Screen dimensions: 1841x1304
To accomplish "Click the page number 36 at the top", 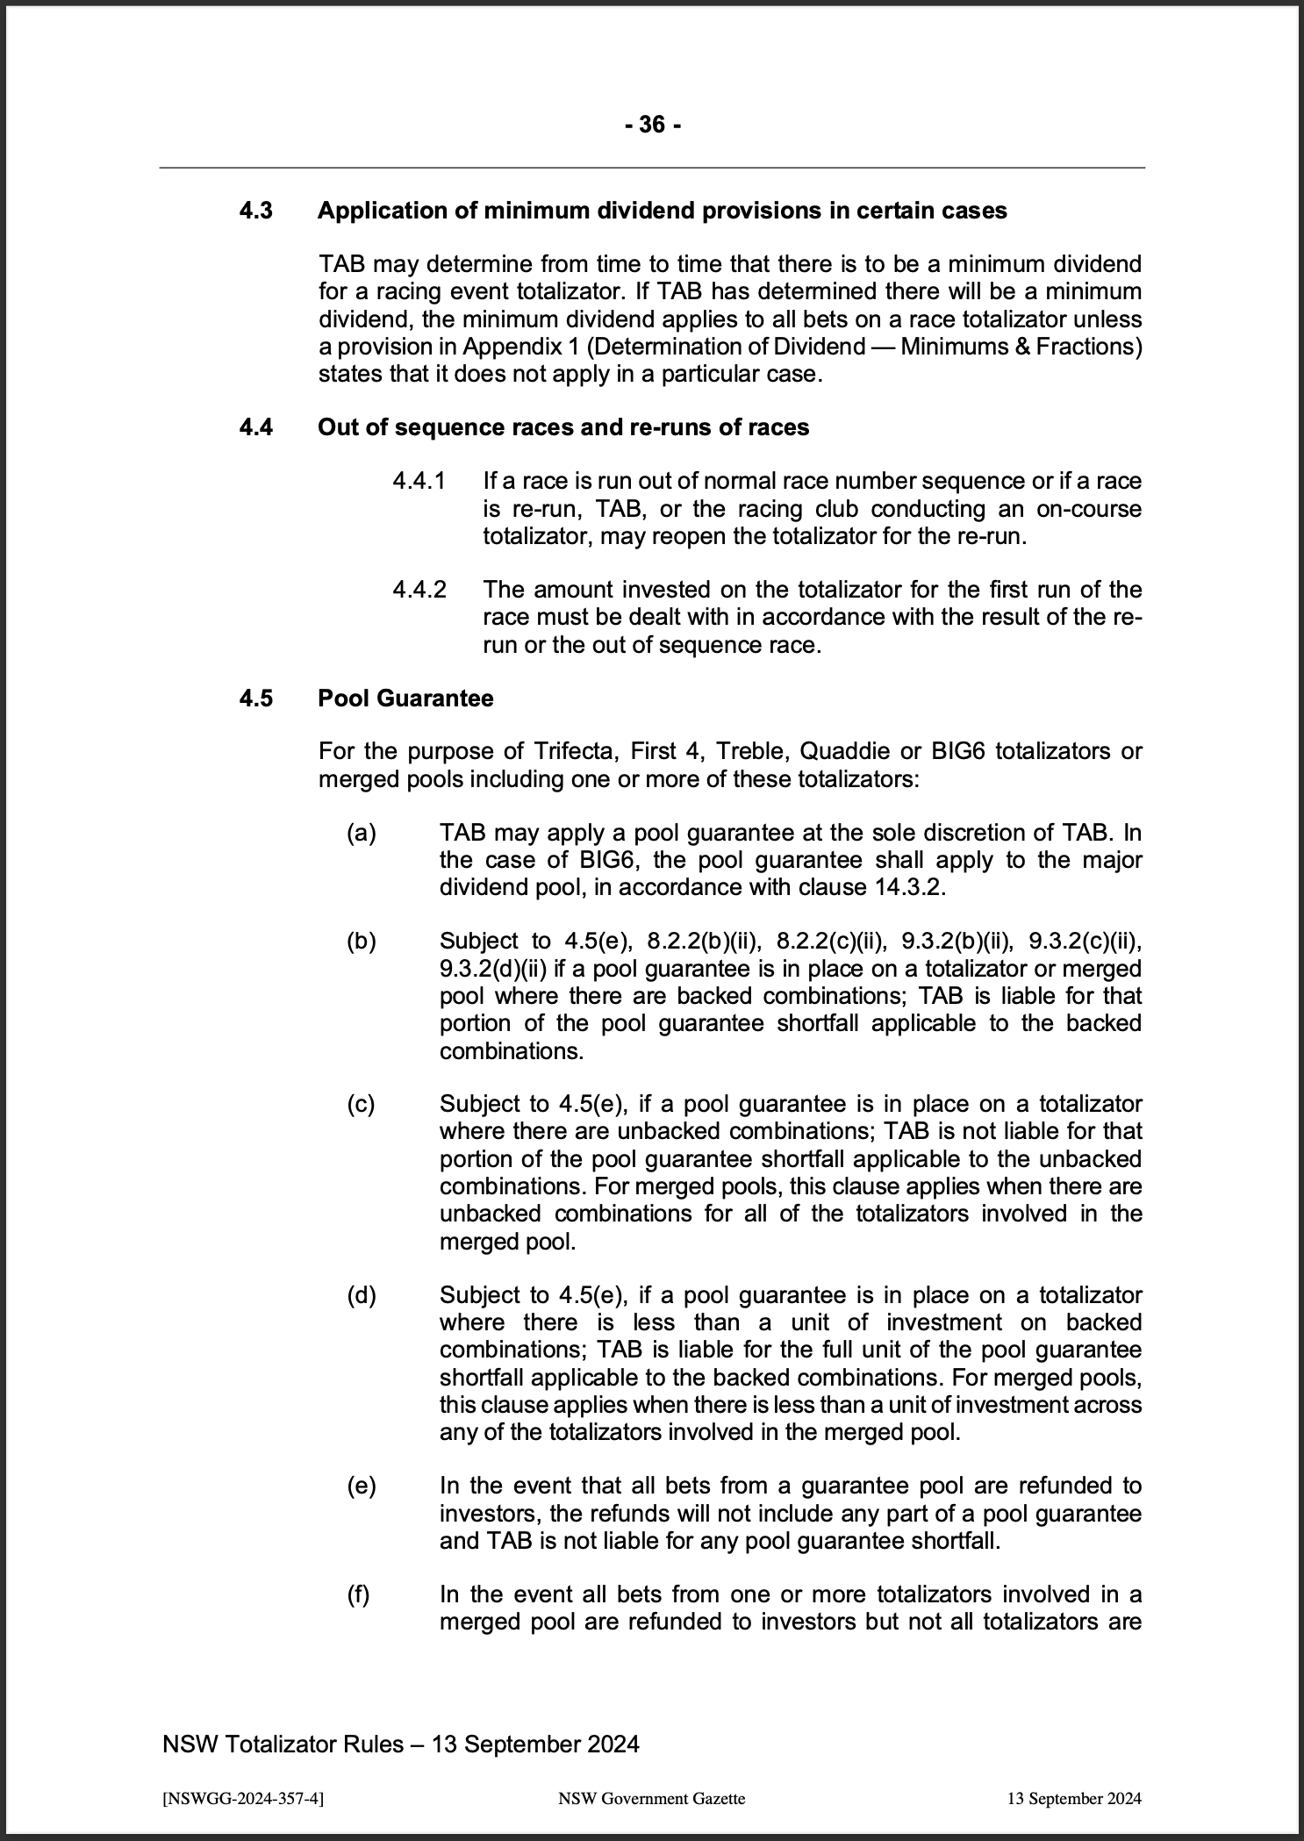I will pyautogui.click(x=652, y=125).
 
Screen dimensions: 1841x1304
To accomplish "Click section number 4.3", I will pyautogui.click(x=256, y=211).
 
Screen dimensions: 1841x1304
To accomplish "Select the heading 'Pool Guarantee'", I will pyautogui.click(x=405, y=698).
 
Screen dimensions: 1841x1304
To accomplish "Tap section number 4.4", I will pyautogui.click(x=256, y=427).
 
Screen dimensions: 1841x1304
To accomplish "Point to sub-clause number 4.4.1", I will pyautogui.click(x=419, y=481).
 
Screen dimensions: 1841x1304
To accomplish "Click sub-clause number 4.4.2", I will pyautogui.click(x=419, y=590).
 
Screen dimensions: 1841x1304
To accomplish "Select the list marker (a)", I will pyautogui.click(x=362, y=832).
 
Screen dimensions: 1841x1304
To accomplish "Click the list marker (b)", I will pyautogui.click(x=362, y=941).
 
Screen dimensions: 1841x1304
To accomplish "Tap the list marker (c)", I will pyautogui.click(x=361, y=1104).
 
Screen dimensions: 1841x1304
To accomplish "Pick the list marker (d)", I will pyautogui.click(x=362, y=1295).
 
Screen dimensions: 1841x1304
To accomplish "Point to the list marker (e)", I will pyautogui.click(x=362, y=1486).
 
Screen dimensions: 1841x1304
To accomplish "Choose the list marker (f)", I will pyautogui.click(x=359, y=1594).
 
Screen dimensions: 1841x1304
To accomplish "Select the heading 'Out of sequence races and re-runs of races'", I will pyautogui.click(x=563, y=427).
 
